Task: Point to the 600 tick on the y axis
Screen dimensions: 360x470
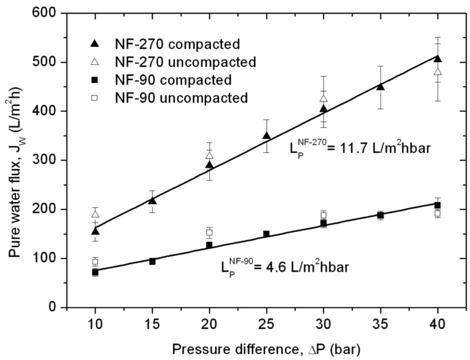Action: point(49,13)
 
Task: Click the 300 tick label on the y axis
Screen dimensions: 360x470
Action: point(49,160)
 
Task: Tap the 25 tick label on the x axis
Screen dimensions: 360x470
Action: point(266,324)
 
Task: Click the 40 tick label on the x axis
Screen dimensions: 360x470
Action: point(438,324)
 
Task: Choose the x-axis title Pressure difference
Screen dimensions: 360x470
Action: point(266,349)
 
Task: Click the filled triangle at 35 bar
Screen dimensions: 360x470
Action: point(380,87)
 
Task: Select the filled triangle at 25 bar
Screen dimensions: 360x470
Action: point(266,136)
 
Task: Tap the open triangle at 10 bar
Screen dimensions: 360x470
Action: point(95,214)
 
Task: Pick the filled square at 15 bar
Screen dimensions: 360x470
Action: point(152,261)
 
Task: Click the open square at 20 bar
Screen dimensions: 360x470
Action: point(209,233)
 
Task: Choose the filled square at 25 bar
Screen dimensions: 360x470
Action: point(266,234)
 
